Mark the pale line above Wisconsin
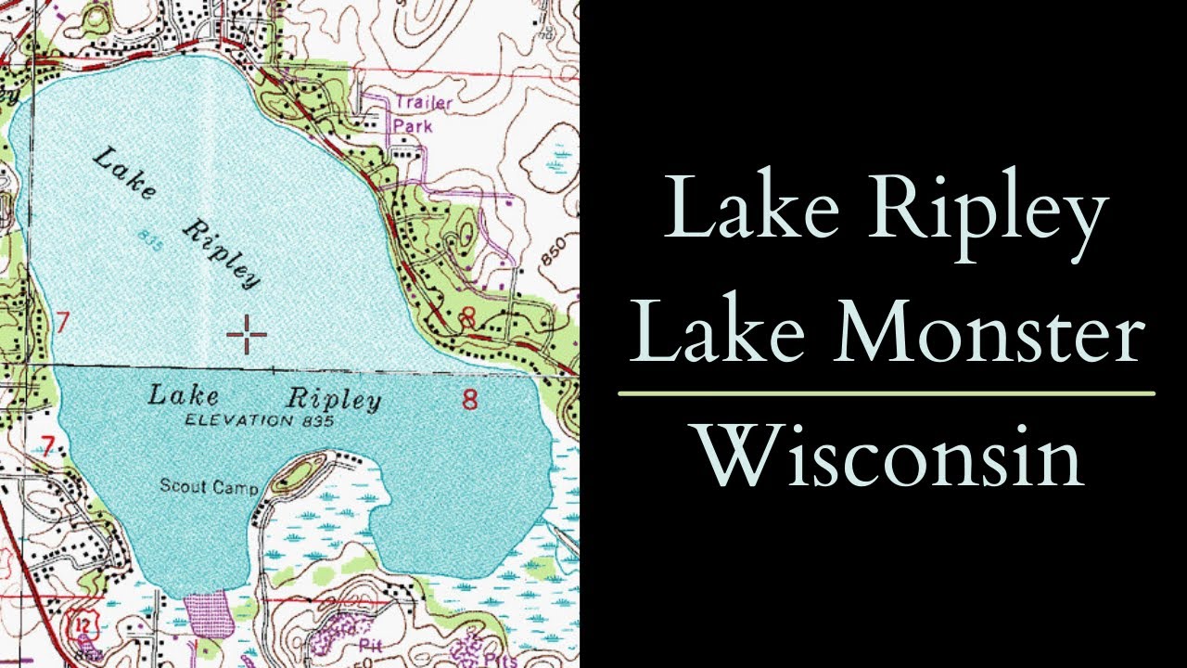[x=887, y=393]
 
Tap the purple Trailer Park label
[x=421, y=113]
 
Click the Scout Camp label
[x=210, y=485]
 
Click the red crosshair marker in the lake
[x=247, y=334]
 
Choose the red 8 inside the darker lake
[x=470, y=401]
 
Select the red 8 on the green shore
[x=467, y=318]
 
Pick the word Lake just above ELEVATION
[x=185, y=396]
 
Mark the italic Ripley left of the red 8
[x=334, y=400]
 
